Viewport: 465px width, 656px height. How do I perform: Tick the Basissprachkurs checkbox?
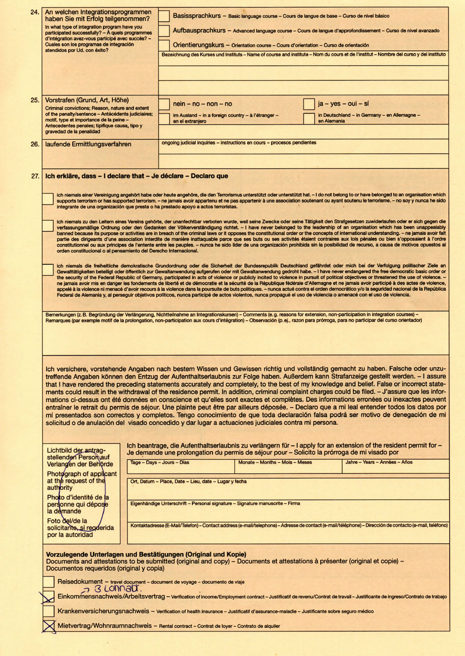coord(164,16)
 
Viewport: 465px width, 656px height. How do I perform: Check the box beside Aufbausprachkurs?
coord(164,31)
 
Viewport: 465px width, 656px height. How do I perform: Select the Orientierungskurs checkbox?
coord(164,45)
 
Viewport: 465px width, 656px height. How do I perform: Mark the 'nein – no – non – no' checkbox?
coord(164,104)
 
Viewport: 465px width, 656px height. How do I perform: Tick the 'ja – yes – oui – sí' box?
coord(308,104)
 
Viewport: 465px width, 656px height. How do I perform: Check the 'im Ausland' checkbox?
coord(164,118)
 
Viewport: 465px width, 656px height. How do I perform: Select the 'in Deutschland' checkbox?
coord(308,118)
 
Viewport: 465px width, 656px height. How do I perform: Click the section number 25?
coord(35,100)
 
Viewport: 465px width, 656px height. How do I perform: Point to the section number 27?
coord(35,176)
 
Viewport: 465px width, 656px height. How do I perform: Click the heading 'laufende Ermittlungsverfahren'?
coord(88,145)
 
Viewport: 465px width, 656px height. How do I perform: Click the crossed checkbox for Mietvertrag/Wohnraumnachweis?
coord(49,625)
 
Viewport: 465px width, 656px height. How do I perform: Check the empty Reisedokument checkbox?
coord(49,582)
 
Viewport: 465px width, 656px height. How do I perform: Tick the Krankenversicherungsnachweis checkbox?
coord(49,611)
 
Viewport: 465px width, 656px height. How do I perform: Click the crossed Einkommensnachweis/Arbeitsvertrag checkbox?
coord(49,597)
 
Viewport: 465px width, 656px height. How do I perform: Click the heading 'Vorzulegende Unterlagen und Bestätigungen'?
coord(146,555)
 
